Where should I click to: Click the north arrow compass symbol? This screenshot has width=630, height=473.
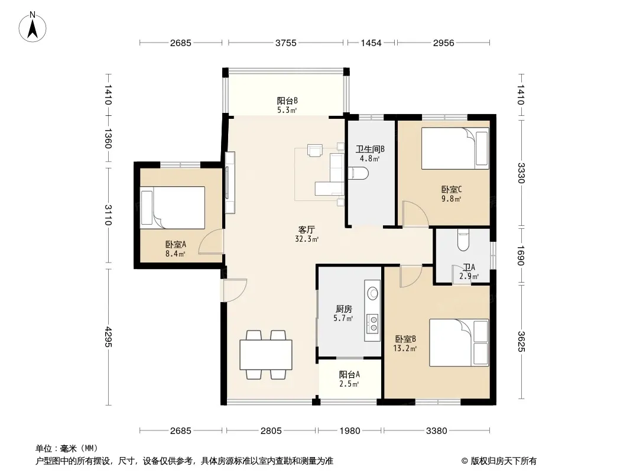click(33, 27)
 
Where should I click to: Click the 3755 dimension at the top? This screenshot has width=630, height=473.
click(285, 43)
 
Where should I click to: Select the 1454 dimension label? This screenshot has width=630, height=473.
click(371, 43)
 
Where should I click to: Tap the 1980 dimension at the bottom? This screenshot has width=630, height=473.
click(349, 431)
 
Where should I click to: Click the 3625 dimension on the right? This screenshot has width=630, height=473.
click(521, 341)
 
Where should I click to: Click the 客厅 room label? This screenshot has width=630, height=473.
click(306, 230)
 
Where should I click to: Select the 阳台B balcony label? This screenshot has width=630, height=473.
click(287, 101)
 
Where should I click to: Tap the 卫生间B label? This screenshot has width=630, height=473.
click(370, 149)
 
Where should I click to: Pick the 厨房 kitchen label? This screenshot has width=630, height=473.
click(343, 309)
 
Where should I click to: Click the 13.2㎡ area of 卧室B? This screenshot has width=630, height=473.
click(405, 348)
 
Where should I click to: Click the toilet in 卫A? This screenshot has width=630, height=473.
click(463, 240)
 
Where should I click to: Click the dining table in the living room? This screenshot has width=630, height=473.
click(266, 354)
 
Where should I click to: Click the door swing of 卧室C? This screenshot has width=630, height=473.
click(415, 213)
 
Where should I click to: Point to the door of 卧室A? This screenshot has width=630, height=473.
click(210, 241)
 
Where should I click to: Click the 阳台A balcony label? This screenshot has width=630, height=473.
click(349, 374)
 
